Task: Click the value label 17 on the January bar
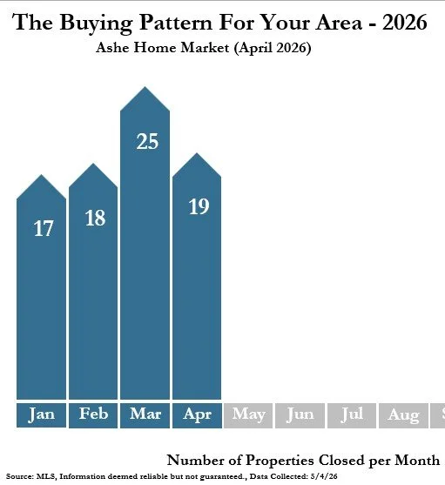(x=44, y=229)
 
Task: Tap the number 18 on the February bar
(x=95, y=218)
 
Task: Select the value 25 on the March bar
(x=147, y=141)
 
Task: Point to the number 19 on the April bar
(x=199, y=206)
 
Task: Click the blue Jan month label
(x=41, y=415)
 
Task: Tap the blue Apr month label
(x=197, y=415)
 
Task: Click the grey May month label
(x=248, y=415)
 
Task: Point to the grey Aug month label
(x=403, y=415)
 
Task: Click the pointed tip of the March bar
(x=145, y=87)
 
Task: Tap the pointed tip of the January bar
(x=41, y=175)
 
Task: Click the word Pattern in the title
(x=176, y=23)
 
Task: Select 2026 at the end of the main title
(x=404, y=23)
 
